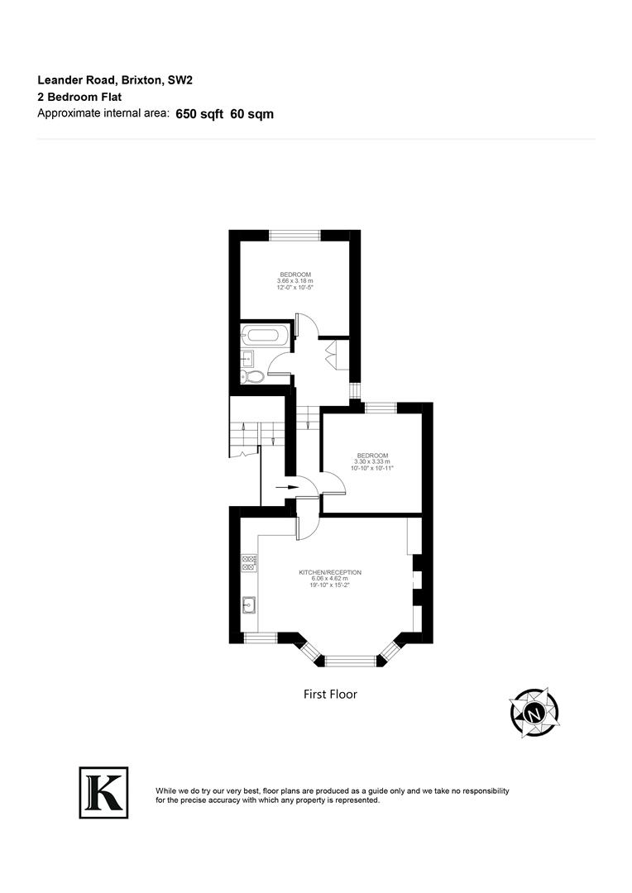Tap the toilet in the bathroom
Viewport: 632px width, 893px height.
pyautogui.click(x=254, y=377)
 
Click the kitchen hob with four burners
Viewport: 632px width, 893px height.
pyautogui.click(x=248, y=563)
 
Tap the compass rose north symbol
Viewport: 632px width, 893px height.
pyautogui.click(x=534, y=712)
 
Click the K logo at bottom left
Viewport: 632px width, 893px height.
pyautogui.click(x=103, y=792)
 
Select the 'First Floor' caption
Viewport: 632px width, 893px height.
pyautogui.click(x=330, y=695)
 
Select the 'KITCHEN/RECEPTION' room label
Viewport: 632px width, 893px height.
pyautogui.click(x=330, y=572)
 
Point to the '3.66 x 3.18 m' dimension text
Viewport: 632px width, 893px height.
pyautogui.click(x=295, y=281)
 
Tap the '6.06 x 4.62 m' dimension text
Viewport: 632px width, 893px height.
pyautogui.click(x=330, y=579)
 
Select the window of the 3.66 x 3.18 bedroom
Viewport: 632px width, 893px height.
pyautogui.click(x=295, y=236)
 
